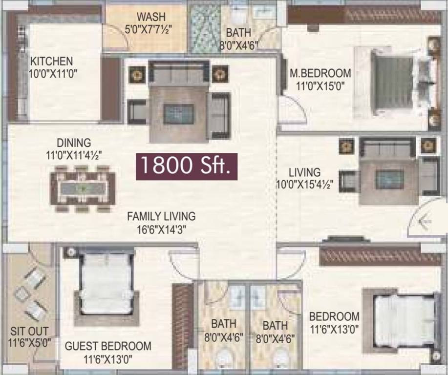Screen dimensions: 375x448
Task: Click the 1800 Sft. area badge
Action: click(187, 166)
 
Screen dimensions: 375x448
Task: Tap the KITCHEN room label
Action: click(52, 62)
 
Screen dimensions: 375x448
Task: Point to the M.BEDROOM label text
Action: click(320, 73)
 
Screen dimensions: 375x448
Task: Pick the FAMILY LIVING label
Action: click(161, 216)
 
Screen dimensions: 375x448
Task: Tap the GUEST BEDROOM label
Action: click(108, 346)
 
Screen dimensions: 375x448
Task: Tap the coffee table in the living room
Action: click(389, 179)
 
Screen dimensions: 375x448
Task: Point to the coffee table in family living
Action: click(179, 114)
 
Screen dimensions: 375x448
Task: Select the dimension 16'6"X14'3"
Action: click(161, 229)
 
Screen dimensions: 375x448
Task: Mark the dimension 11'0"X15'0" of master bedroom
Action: click(320, 86)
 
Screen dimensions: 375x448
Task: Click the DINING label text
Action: click(74, 143)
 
